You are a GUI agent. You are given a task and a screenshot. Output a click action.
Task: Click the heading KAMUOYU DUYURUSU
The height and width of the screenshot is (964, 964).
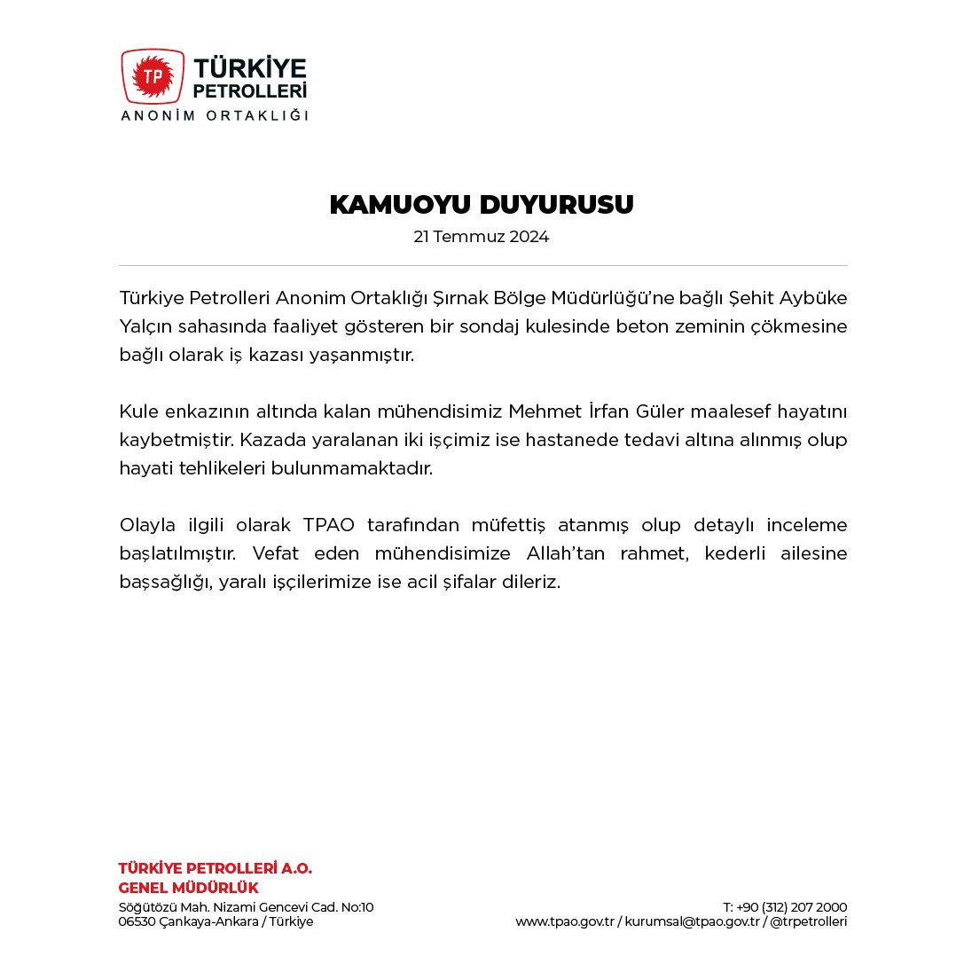point(482,205)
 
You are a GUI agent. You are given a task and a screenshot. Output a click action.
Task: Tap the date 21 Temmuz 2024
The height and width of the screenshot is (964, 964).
point(482,238)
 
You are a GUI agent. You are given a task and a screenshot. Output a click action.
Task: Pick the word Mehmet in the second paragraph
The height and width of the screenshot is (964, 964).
point(534,411)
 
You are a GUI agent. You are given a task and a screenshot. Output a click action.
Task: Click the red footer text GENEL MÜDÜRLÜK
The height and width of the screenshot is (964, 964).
point(189,888)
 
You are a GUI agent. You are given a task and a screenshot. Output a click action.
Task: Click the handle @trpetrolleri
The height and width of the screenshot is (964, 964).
point(808,921)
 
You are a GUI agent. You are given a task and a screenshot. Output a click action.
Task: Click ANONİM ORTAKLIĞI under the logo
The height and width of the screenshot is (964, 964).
point(214,115)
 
